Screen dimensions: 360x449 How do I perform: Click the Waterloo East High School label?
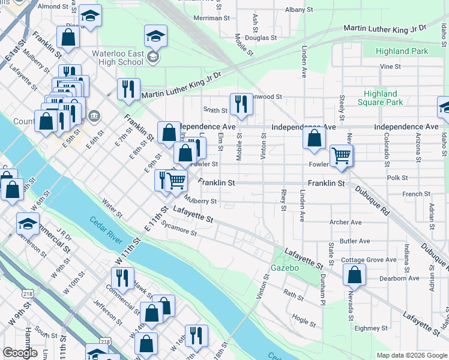[118, 58]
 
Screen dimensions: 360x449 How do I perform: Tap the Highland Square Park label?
[380, 98]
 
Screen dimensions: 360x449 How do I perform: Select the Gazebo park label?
[285, 268]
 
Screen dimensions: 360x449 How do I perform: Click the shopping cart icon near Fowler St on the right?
[341, 155]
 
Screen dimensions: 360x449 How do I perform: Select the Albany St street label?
[299, 10]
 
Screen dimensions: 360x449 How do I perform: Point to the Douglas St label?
[260, 37]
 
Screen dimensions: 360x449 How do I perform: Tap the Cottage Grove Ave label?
[369, 260]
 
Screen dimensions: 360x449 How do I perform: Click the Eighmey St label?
[371, 328]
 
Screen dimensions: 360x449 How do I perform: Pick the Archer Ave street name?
[345, 222]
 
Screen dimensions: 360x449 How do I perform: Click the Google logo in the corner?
[20, 353]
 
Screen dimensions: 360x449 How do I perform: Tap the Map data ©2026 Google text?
[411, 355]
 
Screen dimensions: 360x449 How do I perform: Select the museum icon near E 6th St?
[93, 115]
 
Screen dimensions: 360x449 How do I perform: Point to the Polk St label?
[397, 178]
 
